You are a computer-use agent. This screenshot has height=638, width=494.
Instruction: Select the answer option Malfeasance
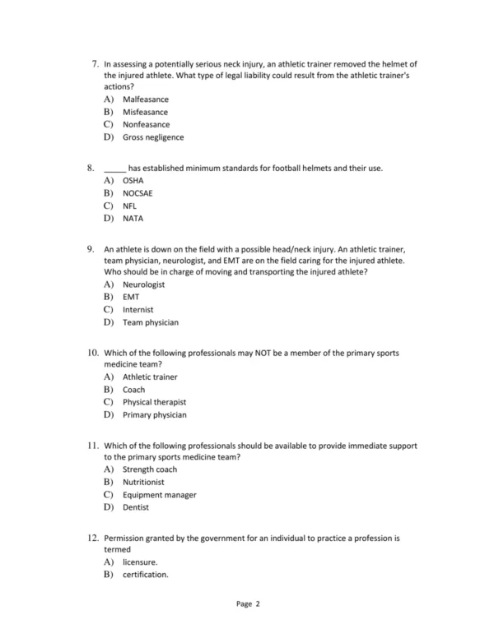[146, 99]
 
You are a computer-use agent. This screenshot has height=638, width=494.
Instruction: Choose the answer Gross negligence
[153, 137]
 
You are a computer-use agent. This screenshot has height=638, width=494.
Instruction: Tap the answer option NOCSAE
[137, 193]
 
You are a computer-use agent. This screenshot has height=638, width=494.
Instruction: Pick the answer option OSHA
[133, 180]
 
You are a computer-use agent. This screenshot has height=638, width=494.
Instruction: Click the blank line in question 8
[114, 169]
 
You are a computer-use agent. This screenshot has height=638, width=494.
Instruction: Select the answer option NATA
[133, 219]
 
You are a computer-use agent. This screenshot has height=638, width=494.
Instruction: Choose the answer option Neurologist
[144, 284]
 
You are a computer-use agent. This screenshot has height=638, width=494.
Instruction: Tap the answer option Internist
[138, 310]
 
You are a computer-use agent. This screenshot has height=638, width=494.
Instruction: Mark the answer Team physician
[151, 323]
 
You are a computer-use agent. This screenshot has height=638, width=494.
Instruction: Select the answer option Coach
[133, 390]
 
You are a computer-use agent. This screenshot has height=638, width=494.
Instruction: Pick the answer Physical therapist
[154, 402]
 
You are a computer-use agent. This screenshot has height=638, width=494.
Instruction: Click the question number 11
[91, 446]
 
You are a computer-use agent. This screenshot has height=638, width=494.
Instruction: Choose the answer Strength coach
[150, 469]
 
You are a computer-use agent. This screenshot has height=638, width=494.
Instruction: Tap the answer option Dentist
[136, 507]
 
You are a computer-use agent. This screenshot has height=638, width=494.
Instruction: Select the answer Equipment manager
[160, 495]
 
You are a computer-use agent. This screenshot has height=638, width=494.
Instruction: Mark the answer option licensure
[140, 562]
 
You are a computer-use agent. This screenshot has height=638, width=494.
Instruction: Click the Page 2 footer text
[248, 604]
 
